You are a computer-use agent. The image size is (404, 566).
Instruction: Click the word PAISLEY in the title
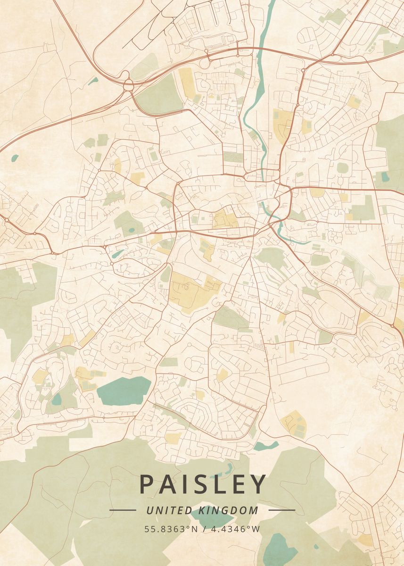[x=203, y=485]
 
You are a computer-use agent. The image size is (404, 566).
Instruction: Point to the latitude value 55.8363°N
[x=172, y=529]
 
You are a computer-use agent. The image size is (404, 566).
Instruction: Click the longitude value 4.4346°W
[x=234, y=529]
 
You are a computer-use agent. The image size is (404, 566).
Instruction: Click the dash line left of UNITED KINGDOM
[x=123, y=510]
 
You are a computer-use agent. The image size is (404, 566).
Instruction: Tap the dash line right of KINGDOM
[x=281, y=510]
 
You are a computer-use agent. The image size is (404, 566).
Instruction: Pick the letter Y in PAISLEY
[x=259, y=485]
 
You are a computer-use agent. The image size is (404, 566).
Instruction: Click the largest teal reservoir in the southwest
[x=124, y=391]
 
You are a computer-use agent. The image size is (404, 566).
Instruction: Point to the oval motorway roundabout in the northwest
[x=127, y=85]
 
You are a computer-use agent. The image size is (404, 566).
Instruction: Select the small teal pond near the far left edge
[x=15, y=158]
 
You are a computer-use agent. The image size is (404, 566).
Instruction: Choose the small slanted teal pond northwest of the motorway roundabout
[x=93, y=81]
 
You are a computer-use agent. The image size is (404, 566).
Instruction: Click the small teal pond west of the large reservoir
[x=57, y=399]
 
